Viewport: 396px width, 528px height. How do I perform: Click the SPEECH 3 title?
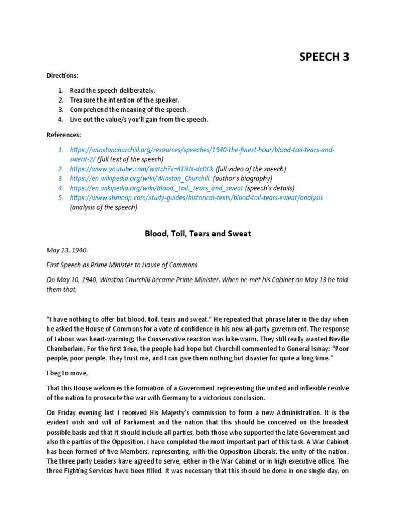(x=324, y=57)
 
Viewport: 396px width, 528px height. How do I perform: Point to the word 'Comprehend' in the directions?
(x=91, y=110)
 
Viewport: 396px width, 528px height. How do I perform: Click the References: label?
(x=64, y=135)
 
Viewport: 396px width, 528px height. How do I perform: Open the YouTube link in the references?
(x=142, y=169)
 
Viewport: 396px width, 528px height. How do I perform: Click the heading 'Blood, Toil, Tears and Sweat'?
(x=197, y=234)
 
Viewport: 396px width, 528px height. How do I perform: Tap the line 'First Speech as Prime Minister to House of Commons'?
(x=122, y=265)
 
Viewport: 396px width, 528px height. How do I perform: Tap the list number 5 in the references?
(x=60, y=197)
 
